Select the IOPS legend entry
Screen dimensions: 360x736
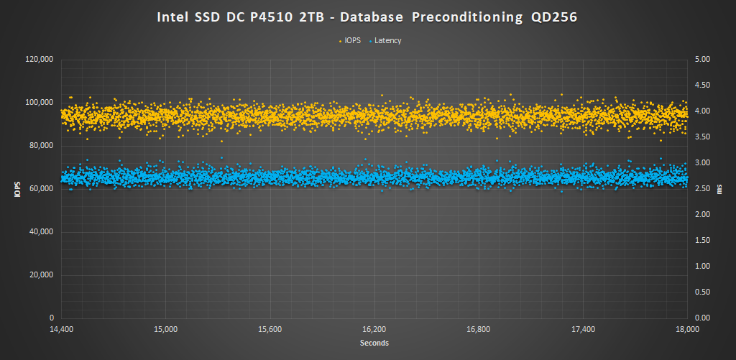(354, 41)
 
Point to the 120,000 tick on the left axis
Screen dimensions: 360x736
(40, 60)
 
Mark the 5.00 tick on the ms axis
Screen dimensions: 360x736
(701, 60)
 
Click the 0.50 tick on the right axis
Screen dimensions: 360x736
(701, 292)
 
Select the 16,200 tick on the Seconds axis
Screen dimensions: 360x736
(374, 330)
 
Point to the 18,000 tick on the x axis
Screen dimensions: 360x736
(688, 330)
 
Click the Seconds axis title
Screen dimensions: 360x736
(374, 343)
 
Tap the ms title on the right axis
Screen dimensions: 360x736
(719, 189)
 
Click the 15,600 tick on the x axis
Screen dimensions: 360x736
(270, 330)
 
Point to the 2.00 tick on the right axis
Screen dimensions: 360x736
(701, 215)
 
